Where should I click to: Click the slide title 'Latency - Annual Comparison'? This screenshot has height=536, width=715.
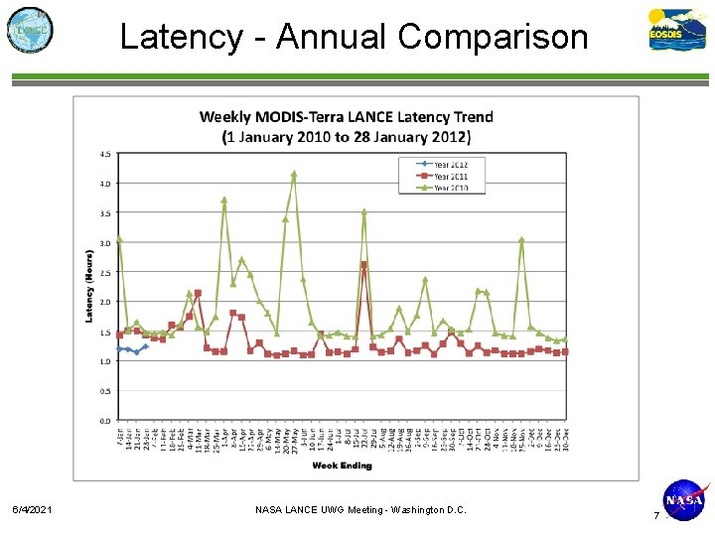[x=354, y=37]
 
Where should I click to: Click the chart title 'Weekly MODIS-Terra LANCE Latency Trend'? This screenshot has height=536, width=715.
[x=346, y=116]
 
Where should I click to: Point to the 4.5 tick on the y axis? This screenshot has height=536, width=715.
[x=104, y=154]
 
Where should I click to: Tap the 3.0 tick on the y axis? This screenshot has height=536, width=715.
[x=104, y=243]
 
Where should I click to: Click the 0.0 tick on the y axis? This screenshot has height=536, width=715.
[x=104, y=421]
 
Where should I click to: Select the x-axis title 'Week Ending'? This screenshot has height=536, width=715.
[x=342, y=466]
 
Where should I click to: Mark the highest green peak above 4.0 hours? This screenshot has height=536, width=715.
[x=294, y=174]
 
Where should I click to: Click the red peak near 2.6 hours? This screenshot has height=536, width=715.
[x=363, y=265]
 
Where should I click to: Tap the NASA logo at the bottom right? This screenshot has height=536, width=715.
[x=684, y=500]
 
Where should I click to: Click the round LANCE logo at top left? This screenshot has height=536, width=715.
[x=30, y=30]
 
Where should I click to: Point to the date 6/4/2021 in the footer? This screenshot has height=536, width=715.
[x=34, y=510]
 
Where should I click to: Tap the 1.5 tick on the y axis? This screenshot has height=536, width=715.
[x=104, y=333]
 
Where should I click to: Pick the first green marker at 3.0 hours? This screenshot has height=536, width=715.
[x=119, y=239]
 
